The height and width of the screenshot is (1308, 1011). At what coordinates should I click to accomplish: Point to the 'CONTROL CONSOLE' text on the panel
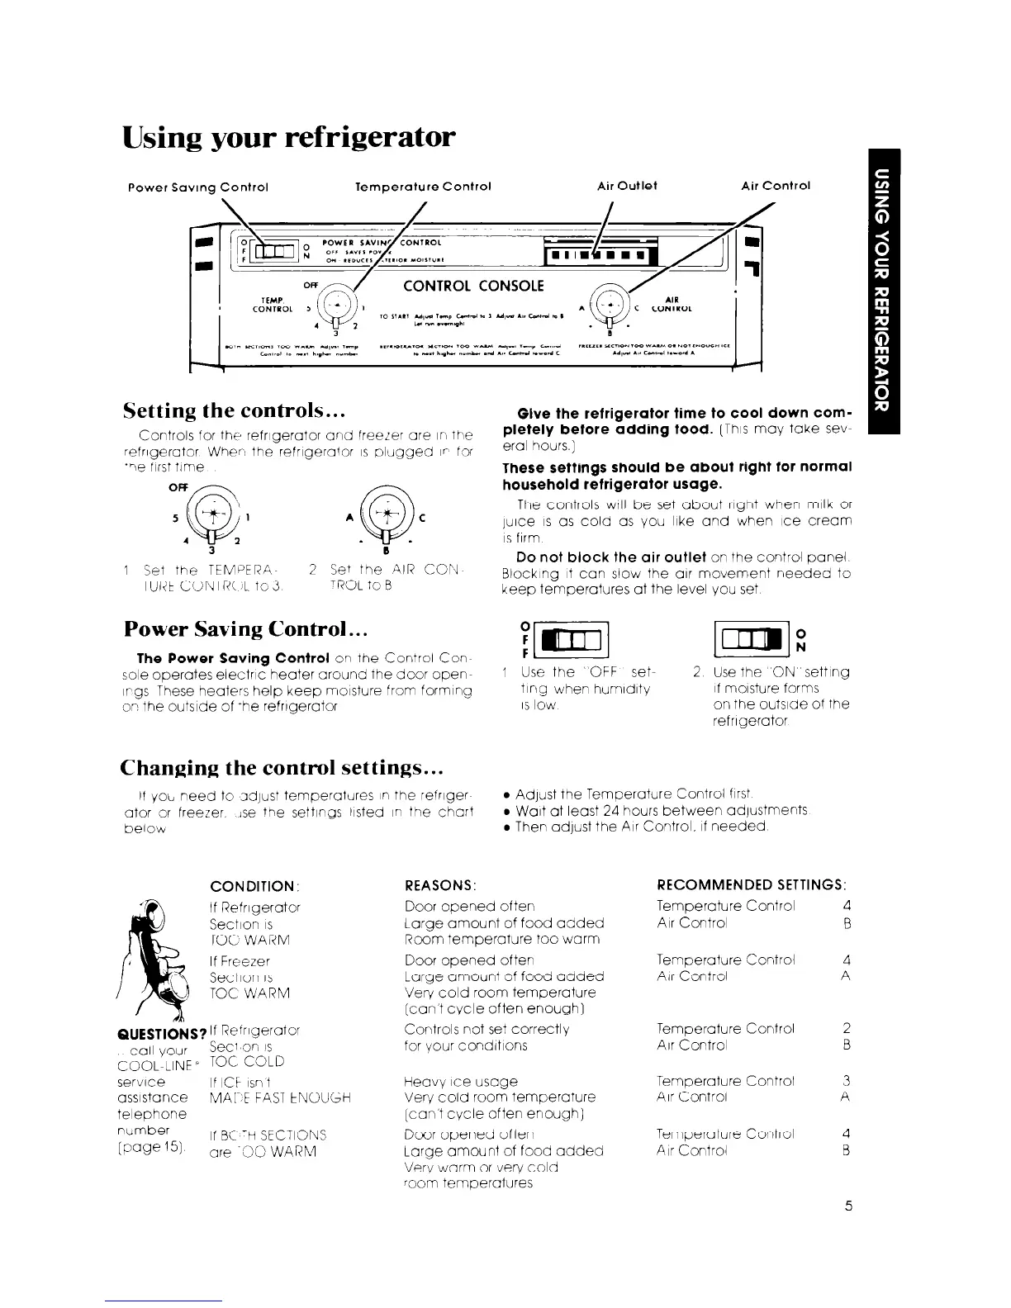tap(473, 286)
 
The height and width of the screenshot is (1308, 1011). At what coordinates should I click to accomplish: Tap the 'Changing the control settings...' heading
tap(283, 767)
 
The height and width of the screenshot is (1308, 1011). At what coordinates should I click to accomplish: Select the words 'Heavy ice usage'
tap(461, 1082)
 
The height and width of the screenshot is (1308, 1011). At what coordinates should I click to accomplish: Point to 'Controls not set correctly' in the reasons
tap(488, 1029)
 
